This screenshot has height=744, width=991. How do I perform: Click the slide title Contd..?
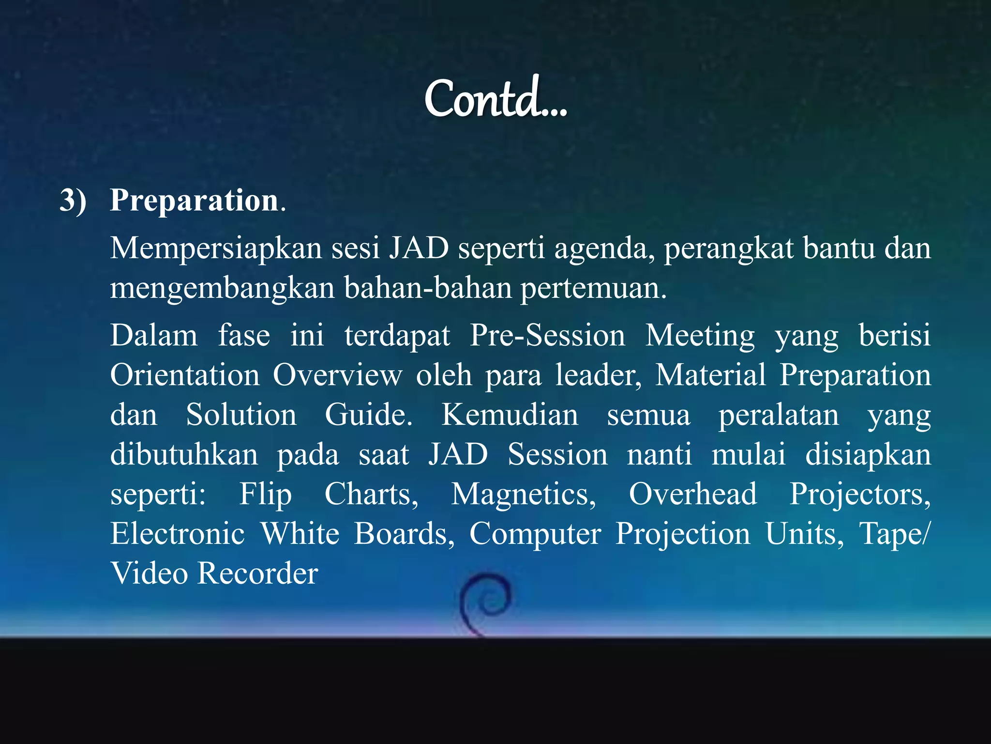(x=495, y=99)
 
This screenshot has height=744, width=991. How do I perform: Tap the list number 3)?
(x=73, y=201)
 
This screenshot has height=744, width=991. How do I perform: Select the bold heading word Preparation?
(x=194, y=201)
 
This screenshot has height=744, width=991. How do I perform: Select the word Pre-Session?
(x=547, y=336)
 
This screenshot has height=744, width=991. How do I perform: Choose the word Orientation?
(x=185, y=375)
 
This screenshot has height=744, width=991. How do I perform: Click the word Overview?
(x=337, y=375)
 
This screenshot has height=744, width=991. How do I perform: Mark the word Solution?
(x=241, y=415)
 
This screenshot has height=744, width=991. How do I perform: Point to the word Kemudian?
(x=510, y=415)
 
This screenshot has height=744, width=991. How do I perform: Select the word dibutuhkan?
(x=184, y=455)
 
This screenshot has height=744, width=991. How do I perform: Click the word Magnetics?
(x=523, y=495)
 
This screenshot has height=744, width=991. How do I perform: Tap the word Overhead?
(x=692, y=495)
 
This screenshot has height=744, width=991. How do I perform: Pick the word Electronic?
(x=177, y=534)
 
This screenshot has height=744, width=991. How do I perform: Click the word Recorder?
(x=258, y=574)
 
